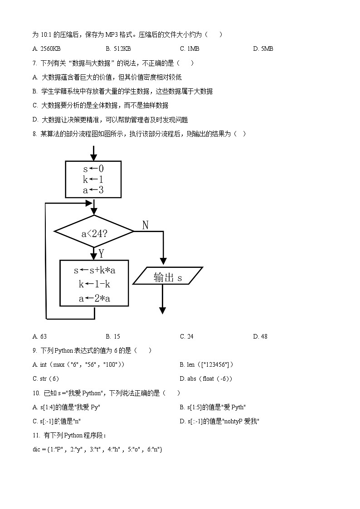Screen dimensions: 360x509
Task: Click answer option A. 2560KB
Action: (x=46, y=48)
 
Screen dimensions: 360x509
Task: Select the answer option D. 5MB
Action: (x=263, y=48)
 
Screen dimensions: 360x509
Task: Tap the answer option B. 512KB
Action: (x=118, y=48)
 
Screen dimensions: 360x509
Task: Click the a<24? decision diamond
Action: (x=94, y=232)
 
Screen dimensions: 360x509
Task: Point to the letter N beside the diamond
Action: (x=145, y=225)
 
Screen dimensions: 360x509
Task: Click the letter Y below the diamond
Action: (x=101, y=253)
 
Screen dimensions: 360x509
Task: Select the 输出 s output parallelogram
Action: (x=168, y=276)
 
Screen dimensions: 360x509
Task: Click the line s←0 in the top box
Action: (x=93, y=169)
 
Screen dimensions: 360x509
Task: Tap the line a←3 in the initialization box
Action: (x=93, y=190)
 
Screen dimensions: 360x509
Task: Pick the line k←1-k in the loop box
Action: (x=94, y=284)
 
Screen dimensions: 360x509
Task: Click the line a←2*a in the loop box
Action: (x=94, y=298)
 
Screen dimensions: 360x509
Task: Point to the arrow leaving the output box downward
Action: (x=162, y=299)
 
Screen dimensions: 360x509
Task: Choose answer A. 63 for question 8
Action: (x=39, y=337)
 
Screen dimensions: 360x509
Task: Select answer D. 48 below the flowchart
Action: (x=260, y=337)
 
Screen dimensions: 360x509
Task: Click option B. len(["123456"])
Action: (x=206, y=364)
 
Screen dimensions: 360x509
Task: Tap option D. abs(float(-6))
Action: (x=206, y=379)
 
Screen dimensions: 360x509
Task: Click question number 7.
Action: (x=35, y=63)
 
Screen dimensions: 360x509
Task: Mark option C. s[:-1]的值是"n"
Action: (x=57, y=422)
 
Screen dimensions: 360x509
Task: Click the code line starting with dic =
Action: (x=97, y=450)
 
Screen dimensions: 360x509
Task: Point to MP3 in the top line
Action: (x=112, y=35)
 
